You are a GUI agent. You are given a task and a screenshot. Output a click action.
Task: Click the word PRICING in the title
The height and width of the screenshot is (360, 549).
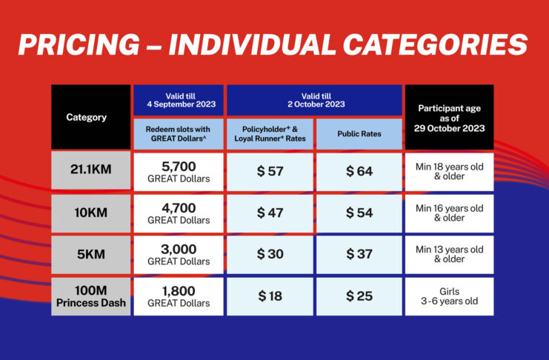coord(79,44)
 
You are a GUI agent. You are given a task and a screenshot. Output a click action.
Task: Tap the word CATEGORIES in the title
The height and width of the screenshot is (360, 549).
coord(435,44)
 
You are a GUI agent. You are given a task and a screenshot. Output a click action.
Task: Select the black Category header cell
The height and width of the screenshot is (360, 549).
coord(90,117)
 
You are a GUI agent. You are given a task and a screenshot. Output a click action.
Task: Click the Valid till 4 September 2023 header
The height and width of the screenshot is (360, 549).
coord(179,100)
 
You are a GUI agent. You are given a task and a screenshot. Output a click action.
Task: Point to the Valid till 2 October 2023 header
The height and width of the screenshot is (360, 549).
coord(314,100)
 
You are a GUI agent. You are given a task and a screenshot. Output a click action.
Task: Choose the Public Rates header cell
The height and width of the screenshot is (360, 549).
coord(359,134)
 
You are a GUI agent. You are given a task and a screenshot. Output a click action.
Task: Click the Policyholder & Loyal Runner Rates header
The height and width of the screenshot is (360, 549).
coord(270,134)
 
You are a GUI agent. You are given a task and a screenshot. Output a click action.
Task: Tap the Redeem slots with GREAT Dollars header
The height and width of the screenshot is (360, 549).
coord(179,134)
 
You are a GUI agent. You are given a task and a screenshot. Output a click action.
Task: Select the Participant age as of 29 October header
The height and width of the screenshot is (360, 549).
coord(450,117)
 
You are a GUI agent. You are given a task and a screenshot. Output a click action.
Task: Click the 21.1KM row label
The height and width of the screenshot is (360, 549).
coord(90,170)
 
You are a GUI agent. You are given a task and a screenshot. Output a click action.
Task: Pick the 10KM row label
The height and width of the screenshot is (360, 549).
coord(90,213)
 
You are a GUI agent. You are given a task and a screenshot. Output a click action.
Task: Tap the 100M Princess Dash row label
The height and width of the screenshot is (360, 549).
coord(90,296)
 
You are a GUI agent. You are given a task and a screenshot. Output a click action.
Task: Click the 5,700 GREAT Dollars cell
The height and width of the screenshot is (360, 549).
coord(179,172)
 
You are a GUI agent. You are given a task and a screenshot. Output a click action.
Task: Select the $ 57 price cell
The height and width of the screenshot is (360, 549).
coord(270,172)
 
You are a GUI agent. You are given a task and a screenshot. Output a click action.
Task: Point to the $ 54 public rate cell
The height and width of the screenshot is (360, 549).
coord(359,213)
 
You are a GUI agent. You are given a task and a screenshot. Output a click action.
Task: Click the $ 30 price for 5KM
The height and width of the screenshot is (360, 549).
coord(270,255)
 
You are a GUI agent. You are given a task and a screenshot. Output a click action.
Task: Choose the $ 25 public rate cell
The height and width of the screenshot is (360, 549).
coord(359,296)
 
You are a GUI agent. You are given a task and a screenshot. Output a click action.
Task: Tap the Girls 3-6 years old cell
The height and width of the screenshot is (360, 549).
coord(450,296)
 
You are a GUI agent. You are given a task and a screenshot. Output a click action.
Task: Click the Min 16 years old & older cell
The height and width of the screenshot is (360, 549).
coord(450,213)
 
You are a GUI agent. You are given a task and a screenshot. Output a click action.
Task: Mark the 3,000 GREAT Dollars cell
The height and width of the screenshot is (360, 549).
coord(179,255)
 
